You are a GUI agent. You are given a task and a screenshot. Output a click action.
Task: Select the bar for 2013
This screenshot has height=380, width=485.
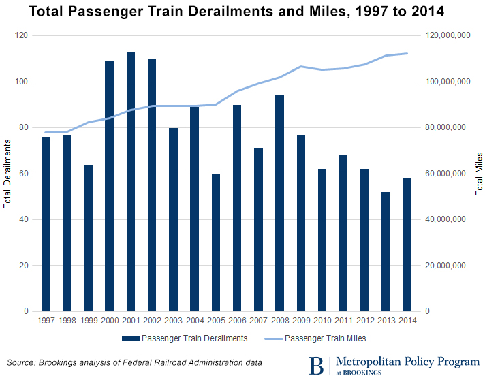(385, 251)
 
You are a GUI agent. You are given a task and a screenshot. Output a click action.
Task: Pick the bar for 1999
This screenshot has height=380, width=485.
(88, 238)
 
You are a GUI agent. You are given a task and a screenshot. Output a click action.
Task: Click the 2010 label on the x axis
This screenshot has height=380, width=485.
(322, 320)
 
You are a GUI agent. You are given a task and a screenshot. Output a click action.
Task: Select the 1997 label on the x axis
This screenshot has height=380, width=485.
(46, 320)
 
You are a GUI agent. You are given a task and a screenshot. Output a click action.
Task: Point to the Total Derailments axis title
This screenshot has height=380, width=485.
(7, 173)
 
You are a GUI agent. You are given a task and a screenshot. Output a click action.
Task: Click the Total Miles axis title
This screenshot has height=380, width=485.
(478, 173)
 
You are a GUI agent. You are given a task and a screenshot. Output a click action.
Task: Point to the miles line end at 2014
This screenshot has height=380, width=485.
(407, 53)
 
